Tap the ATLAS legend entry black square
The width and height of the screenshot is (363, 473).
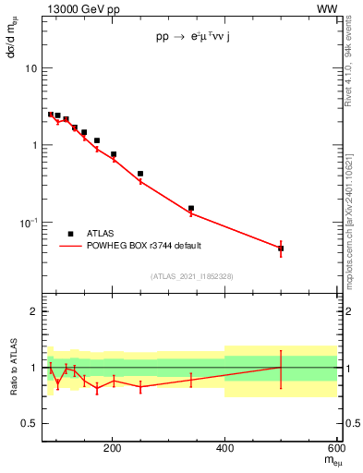click(70, 235)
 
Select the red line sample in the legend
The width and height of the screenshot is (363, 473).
click(70, 246)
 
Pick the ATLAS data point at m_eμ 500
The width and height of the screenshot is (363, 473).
click(281, 249)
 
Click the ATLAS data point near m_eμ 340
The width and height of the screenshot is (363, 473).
click(191, 209)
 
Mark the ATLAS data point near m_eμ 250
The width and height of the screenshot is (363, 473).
click(140, 174)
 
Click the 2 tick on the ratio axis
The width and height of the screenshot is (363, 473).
click(33, 311)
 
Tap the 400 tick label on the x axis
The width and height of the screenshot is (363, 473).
click(224, 451)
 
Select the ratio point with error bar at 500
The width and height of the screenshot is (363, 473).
click(281, 367)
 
